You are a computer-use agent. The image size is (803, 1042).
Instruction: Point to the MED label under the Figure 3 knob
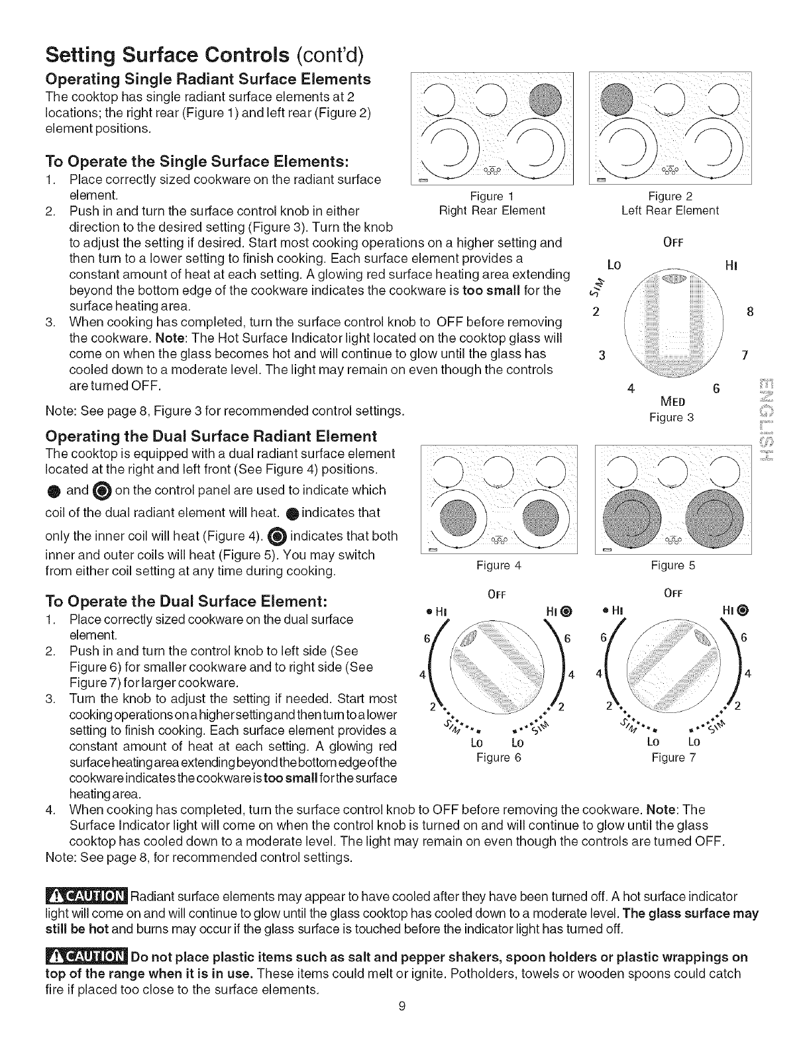pyautogui.click(x=672, y=403)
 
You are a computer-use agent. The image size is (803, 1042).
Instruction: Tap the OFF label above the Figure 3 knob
pyautogui.click(x=673, y=242)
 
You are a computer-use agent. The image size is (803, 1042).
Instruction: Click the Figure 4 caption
pyautogui.click(x=499, y=565)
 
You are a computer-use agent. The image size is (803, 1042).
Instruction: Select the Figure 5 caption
pyautogui.click(x=673, y=565)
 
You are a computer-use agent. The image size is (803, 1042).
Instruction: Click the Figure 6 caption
pyautogui.click(x=499, y=757)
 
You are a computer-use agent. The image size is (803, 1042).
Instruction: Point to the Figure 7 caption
pyautogui.click(x=674, y=757)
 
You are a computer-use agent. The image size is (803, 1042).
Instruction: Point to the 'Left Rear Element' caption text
pyautogui.click(x=670, y=211)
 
